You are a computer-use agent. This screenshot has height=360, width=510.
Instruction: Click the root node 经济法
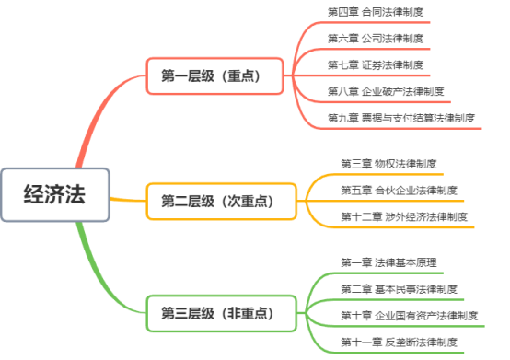[55, 195]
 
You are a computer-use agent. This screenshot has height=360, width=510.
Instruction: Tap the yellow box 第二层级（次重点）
[222, 199]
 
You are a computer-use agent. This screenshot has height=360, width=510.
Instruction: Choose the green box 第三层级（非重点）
[222, 312]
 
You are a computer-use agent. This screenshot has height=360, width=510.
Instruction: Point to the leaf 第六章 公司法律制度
[376, 39]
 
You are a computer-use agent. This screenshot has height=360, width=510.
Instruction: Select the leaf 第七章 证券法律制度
[376, 64]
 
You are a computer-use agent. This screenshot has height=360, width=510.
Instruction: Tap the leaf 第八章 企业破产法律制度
[386, 91]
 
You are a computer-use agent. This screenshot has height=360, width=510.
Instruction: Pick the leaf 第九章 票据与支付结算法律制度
[400, 118]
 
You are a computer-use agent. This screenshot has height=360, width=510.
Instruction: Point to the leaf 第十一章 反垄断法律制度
[399, 343]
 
